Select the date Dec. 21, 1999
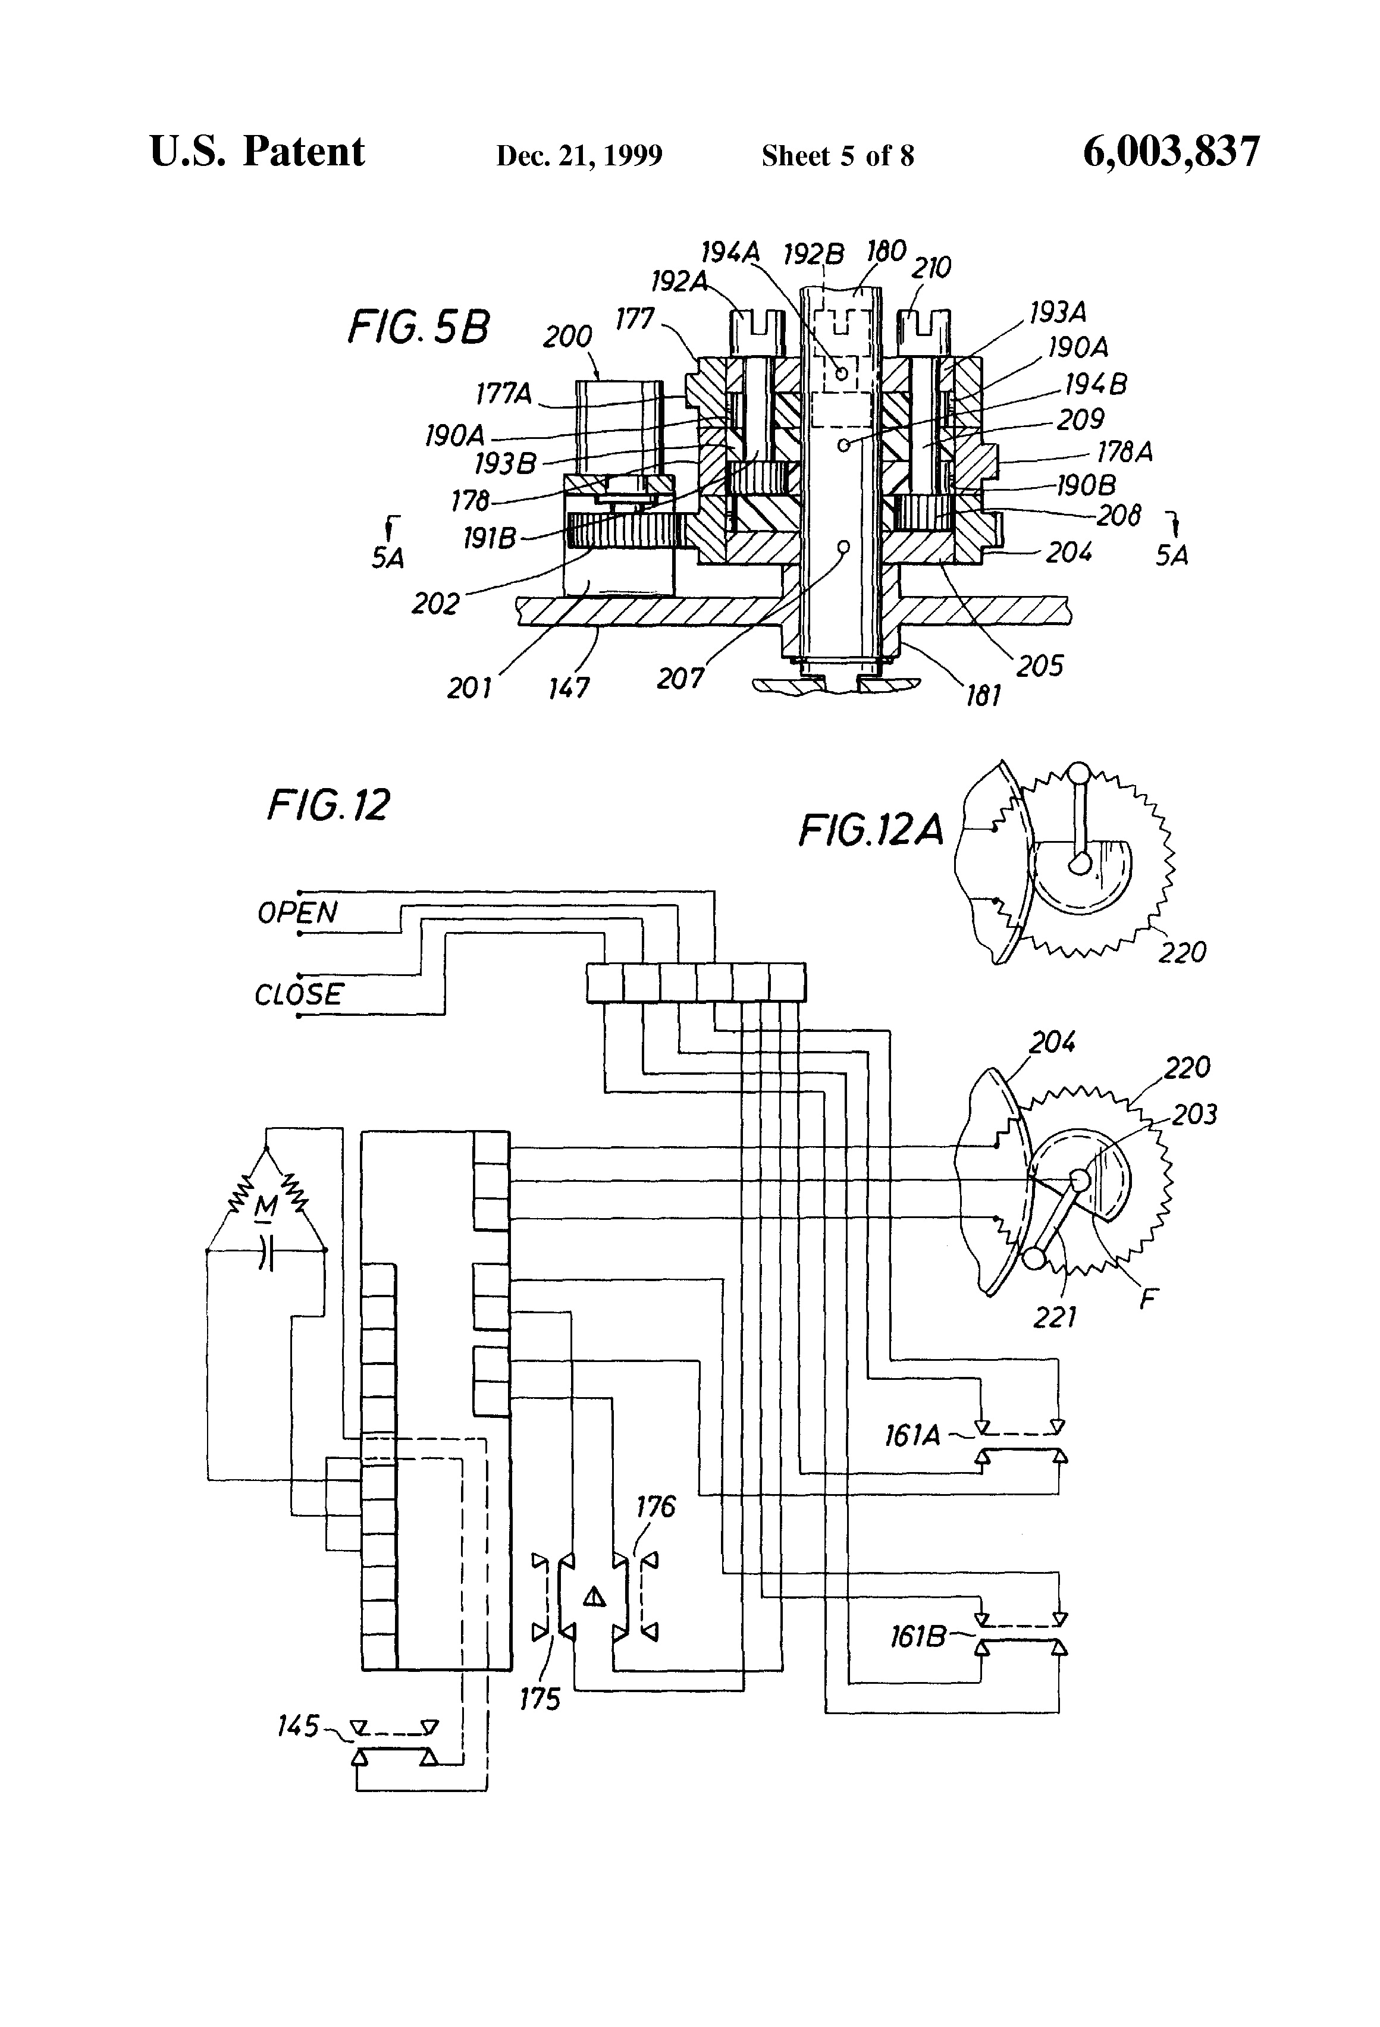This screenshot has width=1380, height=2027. pos(579,156)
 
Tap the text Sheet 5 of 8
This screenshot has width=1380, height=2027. pos(838,156)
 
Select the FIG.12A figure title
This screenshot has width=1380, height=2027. pos(871,830)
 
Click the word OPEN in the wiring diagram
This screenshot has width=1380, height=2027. pos(297,913)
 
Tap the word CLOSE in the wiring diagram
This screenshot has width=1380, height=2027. pos(299,994)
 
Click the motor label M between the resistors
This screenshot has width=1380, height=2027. pos(266,1207)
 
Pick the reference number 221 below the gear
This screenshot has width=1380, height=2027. pos(1055,1317)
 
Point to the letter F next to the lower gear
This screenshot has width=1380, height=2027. pos(1149,1299)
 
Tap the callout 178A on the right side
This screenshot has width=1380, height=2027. pos(1124,452)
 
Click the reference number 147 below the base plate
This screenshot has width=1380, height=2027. pos(569,688)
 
